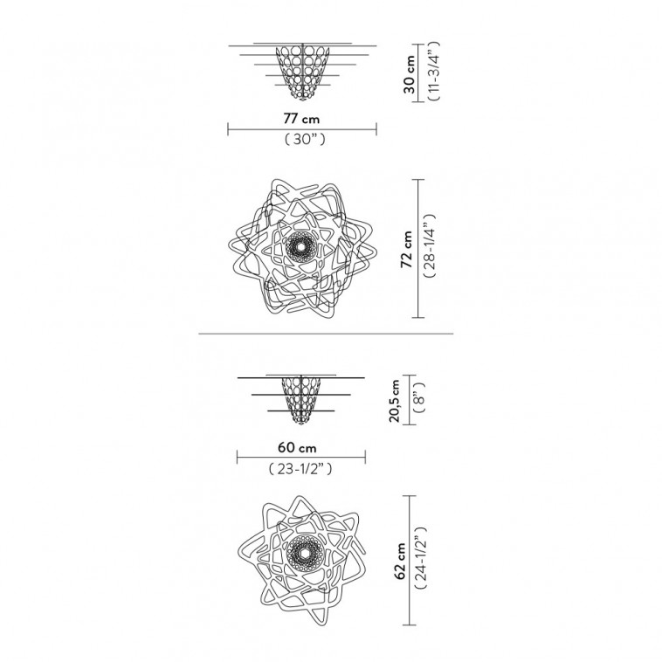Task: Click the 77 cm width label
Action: pyautogui.click(x=301, y=119)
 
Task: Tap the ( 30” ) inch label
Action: pyautogui.click(x=305, y=140)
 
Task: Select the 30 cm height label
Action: pyautogui.click(x=409, y=74)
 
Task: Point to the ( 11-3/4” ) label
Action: pyautogui.click(x=433, y=71)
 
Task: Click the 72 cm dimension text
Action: pyautogui.click(x=407, y=249)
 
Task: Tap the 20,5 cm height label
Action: pyautogui.click(x=395, y=401)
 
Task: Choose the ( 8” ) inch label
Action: pyautogui.click(x=419, y=397)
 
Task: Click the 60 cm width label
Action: pyautogui.click(x=297, y=447)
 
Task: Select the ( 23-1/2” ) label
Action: pyautogui.click(x=300, y=469)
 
